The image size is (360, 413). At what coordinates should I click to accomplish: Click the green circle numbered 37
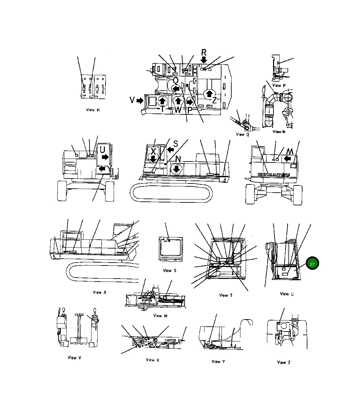coord(312,264)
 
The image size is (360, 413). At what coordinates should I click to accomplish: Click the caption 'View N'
coord(93,110)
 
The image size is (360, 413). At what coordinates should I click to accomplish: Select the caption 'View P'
coord(276,85)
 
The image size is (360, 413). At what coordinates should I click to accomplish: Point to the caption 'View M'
coord(279,131)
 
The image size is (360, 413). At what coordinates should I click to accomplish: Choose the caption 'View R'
coord(99,292)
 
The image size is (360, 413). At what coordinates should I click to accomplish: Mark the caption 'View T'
coord(226,295)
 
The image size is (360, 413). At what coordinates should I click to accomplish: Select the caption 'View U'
coord(286,294)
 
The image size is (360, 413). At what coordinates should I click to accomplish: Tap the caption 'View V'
coord(74,357)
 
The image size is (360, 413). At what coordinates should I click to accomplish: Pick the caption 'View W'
coord(160,316)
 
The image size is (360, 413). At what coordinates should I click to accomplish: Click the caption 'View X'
coord(152,360)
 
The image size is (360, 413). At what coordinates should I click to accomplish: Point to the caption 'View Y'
coord(218,361)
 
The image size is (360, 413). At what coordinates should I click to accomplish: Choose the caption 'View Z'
coord(283,362)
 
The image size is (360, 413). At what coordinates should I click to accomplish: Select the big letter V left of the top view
coord(132,100)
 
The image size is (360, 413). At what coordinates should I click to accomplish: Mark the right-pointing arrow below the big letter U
coord(105,157)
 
